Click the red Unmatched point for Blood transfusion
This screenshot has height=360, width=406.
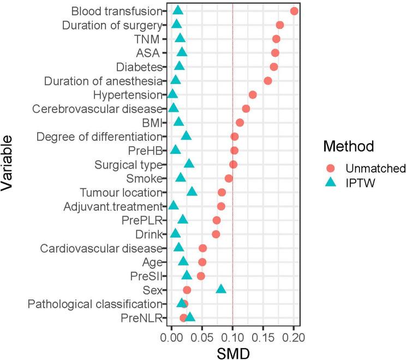point(294,11)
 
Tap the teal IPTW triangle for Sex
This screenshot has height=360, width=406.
point(221,289)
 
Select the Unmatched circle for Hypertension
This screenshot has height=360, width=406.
point(252,95)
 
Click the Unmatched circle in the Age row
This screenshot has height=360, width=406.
point(202,262)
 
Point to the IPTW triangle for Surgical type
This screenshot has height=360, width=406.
point(189,164)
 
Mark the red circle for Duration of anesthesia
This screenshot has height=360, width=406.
point(267,81)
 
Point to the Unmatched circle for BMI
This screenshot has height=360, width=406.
point(240,122)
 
